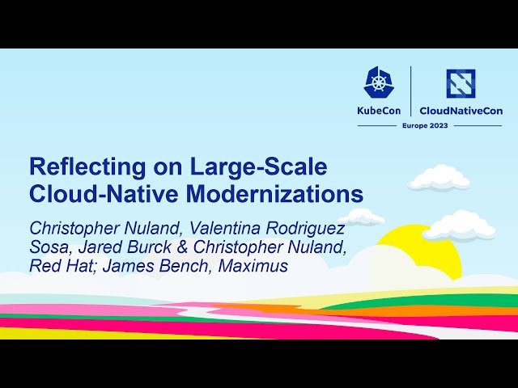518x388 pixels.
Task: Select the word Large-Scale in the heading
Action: (259, 167)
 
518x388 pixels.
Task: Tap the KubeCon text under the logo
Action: (380, 111)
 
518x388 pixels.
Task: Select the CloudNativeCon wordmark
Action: (461, 111)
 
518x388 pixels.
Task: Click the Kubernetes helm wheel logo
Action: (380, 83)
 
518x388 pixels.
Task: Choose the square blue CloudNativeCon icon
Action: (461, 83)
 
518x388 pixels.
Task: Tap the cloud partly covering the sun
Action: (460, 226)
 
